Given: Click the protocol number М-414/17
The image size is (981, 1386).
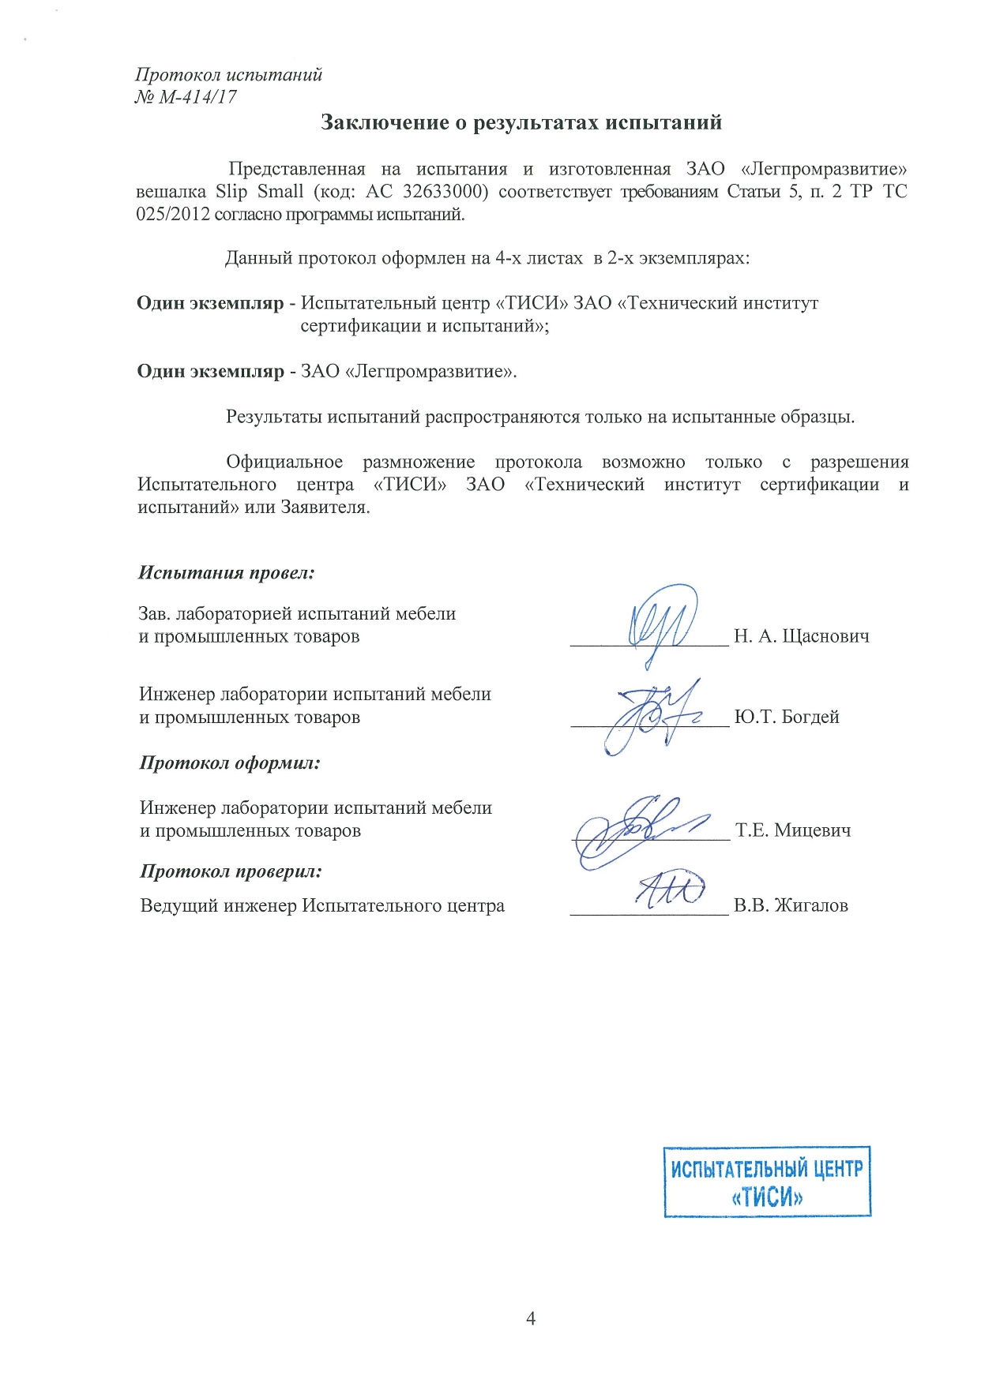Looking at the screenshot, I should click(197, 98).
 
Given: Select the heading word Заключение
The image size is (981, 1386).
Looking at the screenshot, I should click(380, 122).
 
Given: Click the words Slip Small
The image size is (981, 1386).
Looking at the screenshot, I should click(259, 192).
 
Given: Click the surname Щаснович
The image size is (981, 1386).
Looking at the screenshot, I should click(825, 636).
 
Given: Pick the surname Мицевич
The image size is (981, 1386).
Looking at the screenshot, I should click(813, 830).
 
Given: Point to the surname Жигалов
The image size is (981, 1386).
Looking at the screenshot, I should click(811, 905).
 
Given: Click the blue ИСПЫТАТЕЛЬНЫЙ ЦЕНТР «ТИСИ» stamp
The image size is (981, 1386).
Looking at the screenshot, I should click(767, 1182).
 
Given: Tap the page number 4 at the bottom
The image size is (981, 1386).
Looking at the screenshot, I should click(531, 1319).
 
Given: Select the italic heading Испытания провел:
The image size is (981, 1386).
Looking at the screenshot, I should click(227, 573).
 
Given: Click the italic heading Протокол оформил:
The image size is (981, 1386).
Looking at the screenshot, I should click(230, 763).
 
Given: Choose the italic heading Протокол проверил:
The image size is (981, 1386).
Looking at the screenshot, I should click(231, 872).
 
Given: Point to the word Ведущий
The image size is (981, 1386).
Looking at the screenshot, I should click(179, 905).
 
